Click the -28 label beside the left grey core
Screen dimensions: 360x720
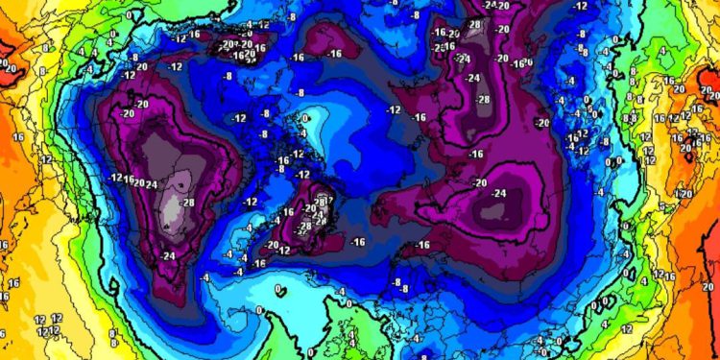click(x=187, y=202)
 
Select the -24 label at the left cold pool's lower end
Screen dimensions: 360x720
click(x=169, y=255)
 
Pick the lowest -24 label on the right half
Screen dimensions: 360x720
click(x=499, y=193)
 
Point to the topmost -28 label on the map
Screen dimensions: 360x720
click(x=474, y=23)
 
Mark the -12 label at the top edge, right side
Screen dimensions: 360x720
click(x=580, y=6)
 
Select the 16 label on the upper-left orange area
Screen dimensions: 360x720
click(x=17, y=137)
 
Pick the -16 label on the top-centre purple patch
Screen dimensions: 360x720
click(x=333, y=54)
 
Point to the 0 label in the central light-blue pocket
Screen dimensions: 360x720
click(x=304, y=118)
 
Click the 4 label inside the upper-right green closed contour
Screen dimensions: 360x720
click(x=663, y=50)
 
